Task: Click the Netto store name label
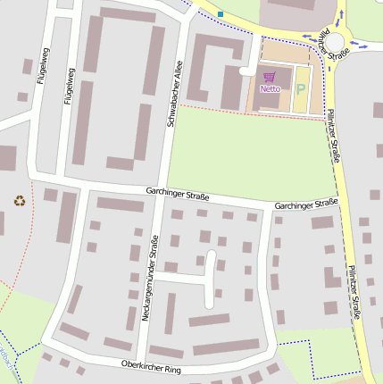point(269,89)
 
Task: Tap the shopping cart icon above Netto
point(269,78)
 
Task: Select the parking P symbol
point(300,89)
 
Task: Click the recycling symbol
point(20,201)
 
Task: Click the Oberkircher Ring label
point(151,366)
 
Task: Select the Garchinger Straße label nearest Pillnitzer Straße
point(306,205)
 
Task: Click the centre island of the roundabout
point(335,42)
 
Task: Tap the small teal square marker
point(221,14)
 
